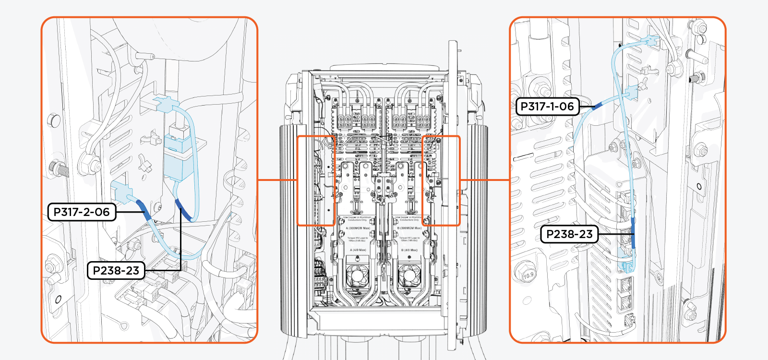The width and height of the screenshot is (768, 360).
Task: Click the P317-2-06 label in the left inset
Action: click(x=82, y=212)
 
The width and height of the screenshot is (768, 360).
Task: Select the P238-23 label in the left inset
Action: click(x=116, y=270)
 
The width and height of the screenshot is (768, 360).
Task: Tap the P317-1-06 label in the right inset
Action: click(x=547, y=107)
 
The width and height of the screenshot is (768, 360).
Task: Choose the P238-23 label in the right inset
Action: click(x=569, y=234)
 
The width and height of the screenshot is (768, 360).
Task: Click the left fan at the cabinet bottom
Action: click(x=358, y=276)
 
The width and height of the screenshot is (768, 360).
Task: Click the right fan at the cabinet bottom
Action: click(x=409, y=276)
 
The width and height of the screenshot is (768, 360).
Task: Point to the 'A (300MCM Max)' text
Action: click(x=358, y=228)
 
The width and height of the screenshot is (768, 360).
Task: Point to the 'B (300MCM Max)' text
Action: click(x=409, y=228)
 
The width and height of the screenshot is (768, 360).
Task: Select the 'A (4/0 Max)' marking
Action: click(x=358, y=250)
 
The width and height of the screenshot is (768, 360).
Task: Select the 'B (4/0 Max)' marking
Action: click(x=409, y=250)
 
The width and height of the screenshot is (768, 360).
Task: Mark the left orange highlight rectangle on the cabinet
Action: click(x=316, y=180)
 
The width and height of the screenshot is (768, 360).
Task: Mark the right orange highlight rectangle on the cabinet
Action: click(x=441, y=180)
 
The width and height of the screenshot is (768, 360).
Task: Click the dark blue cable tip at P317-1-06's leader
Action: click(x=597, y=106)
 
